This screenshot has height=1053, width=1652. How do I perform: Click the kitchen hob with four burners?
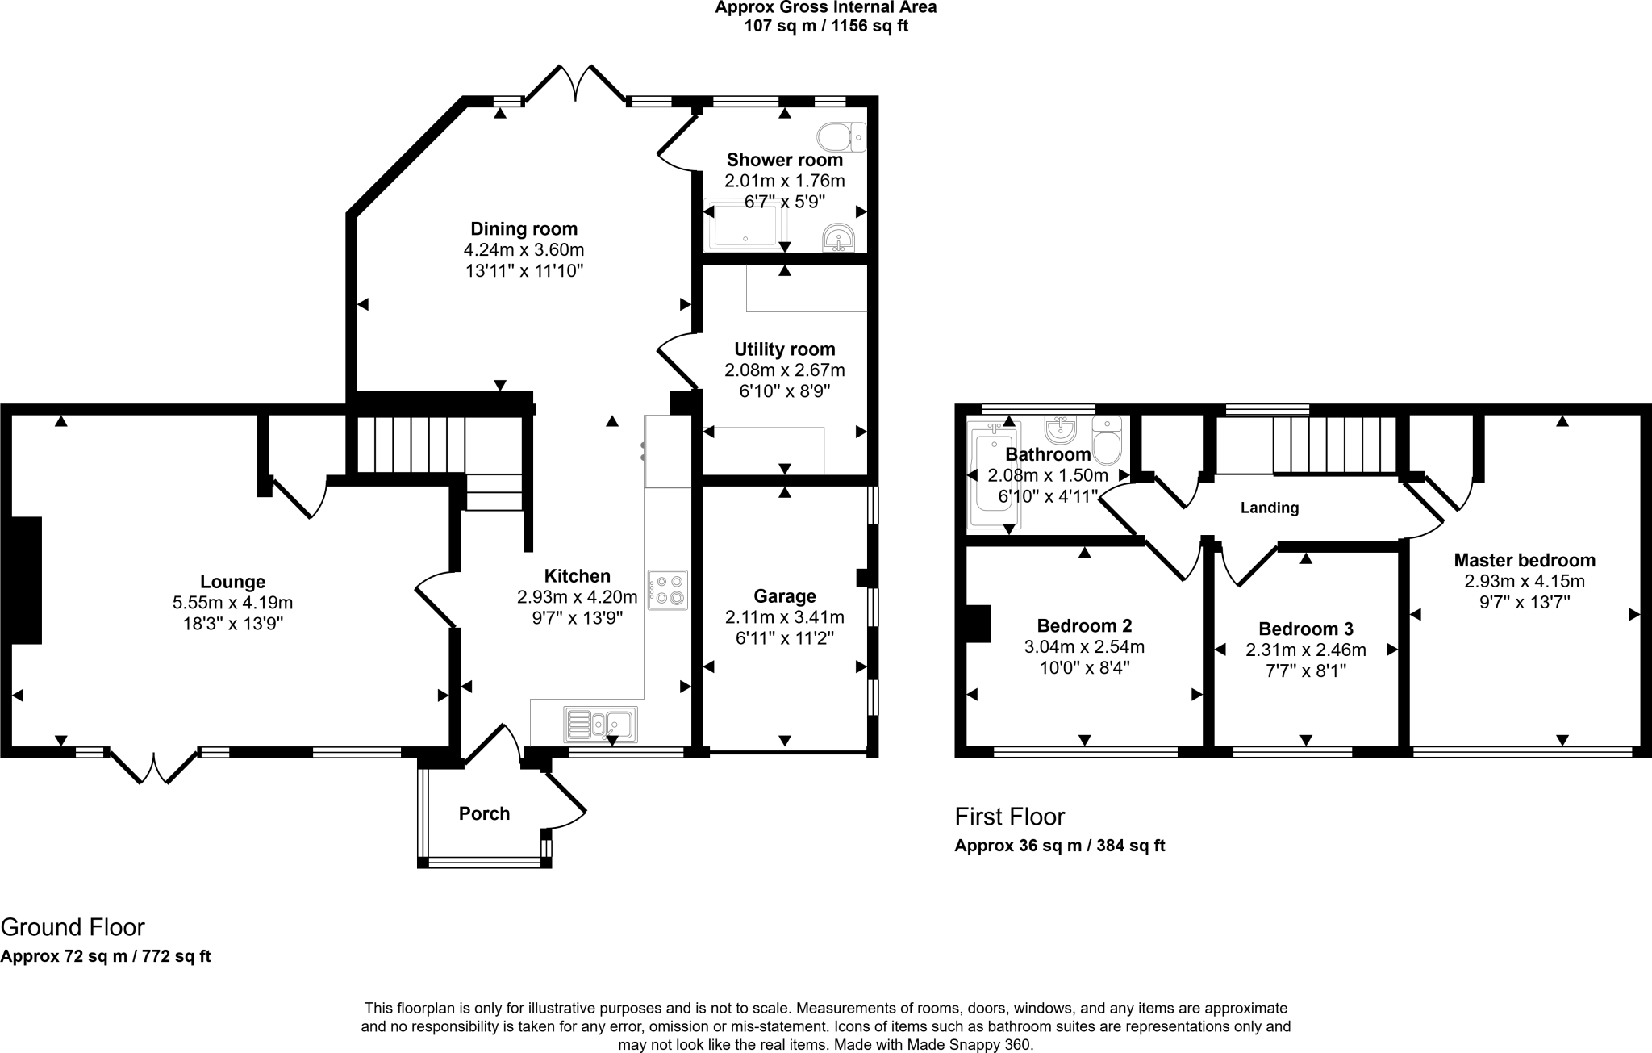click(x=667, y=590)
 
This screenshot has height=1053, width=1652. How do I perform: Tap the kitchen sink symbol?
click(x=601, y=724)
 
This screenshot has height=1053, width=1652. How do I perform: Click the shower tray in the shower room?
click(x=746, y=225)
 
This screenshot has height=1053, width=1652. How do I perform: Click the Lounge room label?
click(x=232, y=582)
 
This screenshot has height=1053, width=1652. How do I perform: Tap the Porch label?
click(x=484, y=813)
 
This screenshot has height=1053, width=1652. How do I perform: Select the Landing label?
click(x=1269, y=508)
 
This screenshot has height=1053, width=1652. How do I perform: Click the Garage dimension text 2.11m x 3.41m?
click(x=784, y=617)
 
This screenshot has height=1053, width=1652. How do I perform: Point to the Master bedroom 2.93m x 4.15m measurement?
click(x=1524, y=581)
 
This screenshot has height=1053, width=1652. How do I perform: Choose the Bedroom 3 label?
click(x=1305, y=629)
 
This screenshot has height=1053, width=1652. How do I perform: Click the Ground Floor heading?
click(x=73, y=926)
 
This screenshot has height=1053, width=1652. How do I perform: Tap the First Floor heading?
click(x=1009, y=817)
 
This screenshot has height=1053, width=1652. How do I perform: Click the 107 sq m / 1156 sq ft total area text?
click(x=825, y=26)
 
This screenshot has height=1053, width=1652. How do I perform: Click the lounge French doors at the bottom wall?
click(x=153, y=767)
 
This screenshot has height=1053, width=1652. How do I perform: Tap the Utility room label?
click(x=784, y=349)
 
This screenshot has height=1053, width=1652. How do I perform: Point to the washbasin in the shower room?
click(x=838, y=238)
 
